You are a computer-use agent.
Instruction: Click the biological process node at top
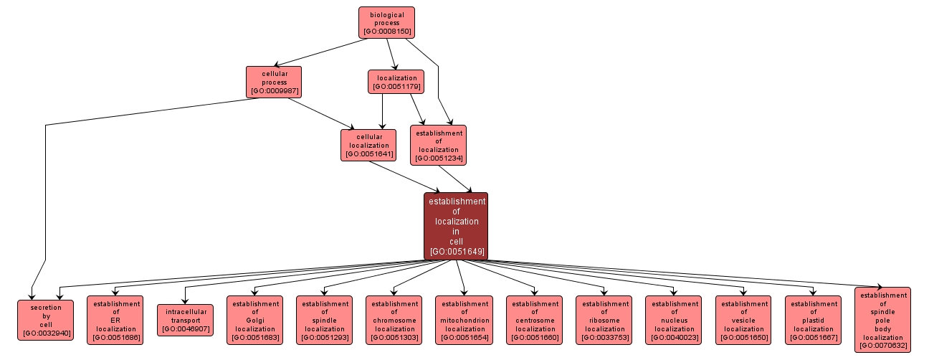point(386,22)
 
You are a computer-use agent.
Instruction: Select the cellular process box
point(274,82)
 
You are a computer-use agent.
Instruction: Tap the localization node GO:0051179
point(396,81)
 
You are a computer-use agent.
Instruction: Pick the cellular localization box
point(368,145)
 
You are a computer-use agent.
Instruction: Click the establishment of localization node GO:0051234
point(438,146)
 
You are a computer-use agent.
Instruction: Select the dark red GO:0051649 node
point(456,226)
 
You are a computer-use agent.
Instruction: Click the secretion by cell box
point(45,320)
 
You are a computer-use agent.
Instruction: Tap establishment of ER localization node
point(115,320)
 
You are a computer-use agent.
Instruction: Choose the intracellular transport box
point(185,320)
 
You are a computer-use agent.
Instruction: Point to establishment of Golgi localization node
point(254,320)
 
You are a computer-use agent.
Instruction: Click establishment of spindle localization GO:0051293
point(325,320)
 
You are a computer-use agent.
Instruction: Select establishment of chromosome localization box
point(394,320)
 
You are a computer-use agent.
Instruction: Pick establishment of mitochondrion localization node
point(464,320)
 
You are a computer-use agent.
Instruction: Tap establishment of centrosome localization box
point(534,320)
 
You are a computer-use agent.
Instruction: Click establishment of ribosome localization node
point(604,320)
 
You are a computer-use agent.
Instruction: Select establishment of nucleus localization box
point(674,320)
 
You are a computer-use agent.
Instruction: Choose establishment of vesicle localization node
point(743,320)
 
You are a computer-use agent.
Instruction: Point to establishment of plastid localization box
point(814,320)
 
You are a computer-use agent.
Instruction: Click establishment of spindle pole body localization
point(883,320)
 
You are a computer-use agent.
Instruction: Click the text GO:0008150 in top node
point(386,32)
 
